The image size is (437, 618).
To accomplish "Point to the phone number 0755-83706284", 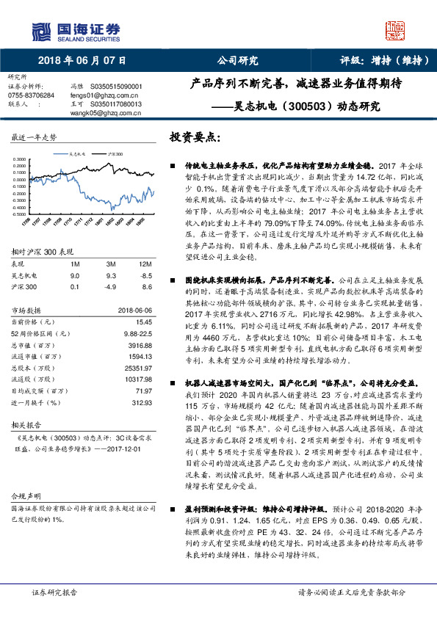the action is pyautogui.click(x=30, y=95).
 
